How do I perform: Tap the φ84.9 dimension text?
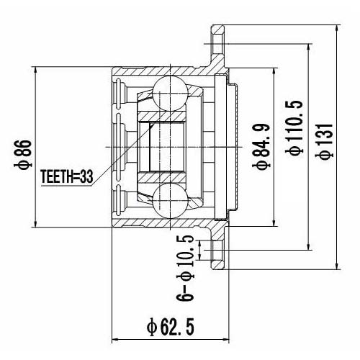click(x=263, y=147)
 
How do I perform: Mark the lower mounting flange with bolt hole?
click(x=216, y=252)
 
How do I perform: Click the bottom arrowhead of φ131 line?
click(x=338, y=267)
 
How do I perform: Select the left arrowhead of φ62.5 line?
click(x=116, y=338)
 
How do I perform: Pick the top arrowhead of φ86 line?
click(x=36, y=70)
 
